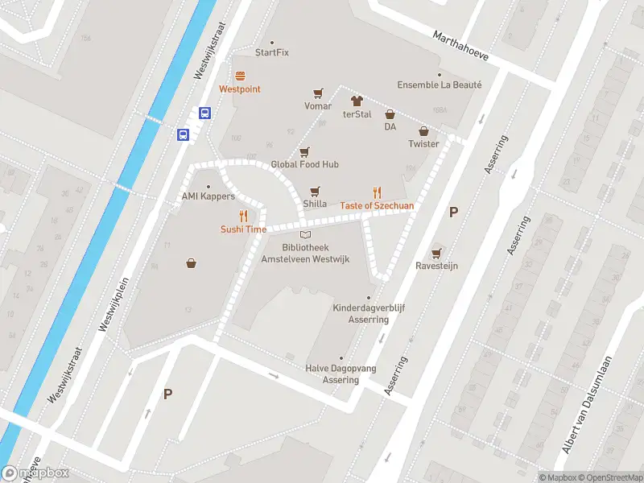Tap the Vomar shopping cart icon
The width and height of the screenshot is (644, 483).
[x=318, y=93]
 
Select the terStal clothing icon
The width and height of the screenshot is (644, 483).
[x=357, y=101]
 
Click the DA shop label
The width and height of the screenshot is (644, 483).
[x=390, y=126]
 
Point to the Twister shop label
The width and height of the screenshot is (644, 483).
[x=423, y=144]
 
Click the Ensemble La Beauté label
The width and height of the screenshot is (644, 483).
[x=439, y=85]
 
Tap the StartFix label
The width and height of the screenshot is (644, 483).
[x=271, y=52]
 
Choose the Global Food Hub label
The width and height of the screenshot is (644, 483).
[x=304, y=164]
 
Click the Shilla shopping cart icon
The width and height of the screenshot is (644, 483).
[x=315, y=192]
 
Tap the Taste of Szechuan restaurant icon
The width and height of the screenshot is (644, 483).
[x=377, y=192]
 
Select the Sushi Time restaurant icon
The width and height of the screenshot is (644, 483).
[x=243, y=216]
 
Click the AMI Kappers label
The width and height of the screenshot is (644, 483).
[x=208, y=197]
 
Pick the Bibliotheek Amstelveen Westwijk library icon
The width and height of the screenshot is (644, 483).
[x=304, y=233]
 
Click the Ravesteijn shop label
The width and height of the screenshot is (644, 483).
[x=436, y=266]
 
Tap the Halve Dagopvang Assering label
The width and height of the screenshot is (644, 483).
[x=341, y=374]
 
